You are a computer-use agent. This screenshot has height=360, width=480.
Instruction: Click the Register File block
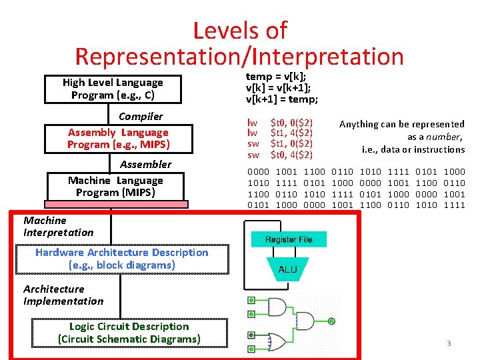[289, 240]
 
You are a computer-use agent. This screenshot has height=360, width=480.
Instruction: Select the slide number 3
[449, 343]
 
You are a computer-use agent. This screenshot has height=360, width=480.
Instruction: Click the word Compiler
[141, 117]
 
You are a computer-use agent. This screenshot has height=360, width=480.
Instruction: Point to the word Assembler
[145, 165]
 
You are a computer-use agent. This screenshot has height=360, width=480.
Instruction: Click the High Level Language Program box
[112, 89]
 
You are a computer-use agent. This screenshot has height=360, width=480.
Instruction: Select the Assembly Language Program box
[118, 139]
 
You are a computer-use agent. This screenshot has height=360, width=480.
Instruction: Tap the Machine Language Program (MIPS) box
[115, 187]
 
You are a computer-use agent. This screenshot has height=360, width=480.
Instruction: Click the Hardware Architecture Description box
[122, 259]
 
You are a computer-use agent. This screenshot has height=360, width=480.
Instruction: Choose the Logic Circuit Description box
[129, 333]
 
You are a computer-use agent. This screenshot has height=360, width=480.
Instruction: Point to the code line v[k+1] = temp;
[282, 99]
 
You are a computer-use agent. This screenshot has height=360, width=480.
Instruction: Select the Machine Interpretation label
[58, 226]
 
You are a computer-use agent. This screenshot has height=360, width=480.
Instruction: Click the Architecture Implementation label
[63, 295]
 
